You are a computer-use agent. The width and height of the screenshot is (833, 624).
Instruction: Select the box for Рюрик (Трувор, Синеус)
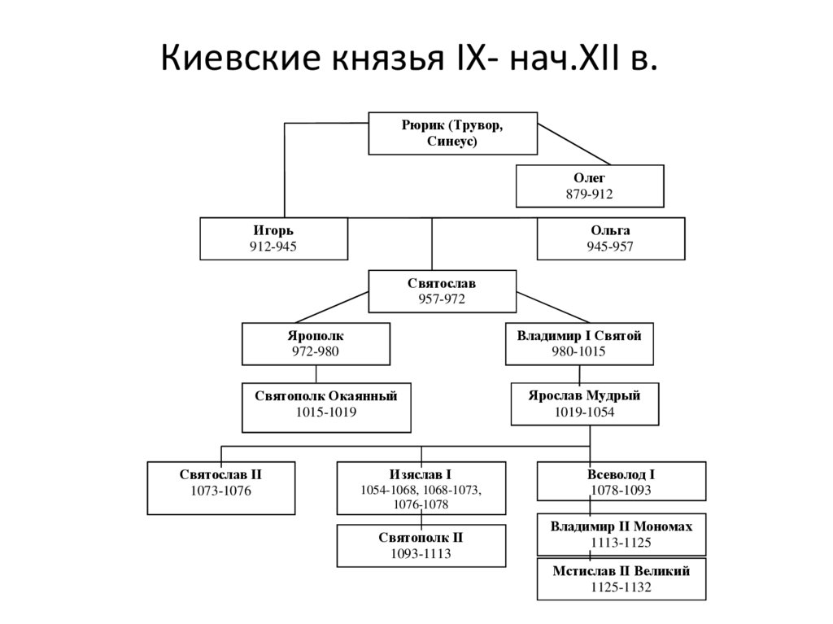452,133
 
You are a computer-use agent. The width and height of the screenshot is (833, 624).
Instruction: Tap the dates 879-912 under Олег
589,194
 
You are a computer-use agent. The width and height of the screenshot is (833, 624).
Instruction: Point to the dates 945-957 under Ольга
610,247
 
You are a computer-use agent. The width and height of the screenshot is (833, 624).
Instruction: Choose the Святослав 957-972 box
442,291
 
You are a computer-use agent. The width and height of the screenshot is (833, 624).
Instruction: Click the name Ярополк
315,335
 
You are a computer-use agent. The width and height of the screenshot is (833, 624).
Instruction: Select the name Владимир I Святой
579,335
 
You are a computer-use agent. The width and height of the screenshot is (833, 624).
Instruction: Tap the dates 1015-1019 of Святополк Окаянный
325,412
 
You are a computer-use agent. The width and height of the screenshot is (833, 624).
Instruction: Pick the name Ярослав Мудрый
584,396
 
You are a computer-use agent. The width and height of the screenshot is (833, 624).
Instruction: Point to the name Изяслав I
420,474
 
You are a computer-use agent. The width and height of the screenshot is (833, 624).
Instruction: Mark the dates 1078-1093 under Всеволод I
621,491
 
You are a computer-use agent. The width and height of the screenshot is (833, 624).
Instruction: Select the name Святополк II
420,538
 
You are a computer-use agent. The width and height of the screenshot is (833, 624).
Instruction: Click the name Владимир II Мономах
621,526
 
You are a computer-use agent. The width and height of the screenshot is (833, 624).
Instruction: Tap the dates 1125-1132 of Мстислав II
621,587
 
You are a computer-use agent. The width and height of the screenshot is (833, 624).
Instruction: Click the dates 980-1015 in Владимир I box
579,351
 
